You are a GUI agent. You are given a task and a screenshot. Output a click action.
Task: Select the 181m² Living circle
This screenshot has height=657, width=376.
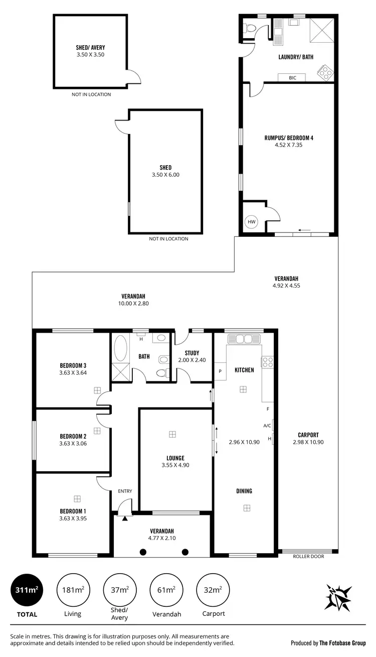[x=73, y=590]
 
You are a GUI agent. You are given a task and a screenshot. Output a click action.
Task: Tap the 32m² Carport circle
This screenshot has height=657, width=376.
[x=214, y=590]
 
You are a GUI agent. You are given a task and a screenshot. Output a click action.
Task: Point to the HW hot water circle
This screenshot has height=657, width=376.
[x=251, y=221]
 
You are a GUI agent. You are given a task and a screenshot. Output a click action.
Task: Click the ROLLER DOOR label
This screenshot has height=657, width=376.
[x=309, y=556]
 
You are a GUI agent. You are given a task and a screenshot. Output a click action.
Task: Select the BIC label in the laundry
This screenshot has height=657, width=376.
[x=293, y=78]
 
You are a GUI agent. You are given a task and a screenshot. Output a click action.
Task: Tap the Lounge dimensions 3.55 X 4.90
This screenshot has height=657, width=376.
[x=175, y=465]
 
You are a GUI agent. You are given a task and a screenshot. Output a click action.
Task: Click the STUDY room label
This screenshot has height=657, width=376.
[x=192, y=353]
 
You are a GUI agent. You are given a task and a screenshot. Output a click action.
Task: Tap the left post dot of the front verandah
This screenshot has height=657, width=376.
[x=143, y=552]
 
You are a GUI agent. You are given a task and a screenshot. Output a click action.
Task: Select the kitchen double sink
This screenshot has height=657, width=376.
[x=243, y=339]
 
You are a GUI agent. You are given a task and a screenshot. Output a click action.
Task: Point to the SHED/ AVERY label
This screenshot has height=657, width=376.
[x=90, y=49]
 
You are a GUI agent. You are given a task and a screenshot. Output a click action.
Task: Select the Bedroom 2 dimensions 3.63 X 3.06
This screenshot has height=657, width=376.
[x=73, y=443]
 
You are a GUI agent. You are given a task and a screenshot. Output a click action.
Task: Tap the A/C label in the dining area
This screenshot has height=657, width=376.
[x=267, y=426]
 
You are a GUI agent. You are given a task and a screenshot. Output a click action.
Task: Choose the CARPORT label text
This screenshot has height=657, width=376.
[x=308, y=435]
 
